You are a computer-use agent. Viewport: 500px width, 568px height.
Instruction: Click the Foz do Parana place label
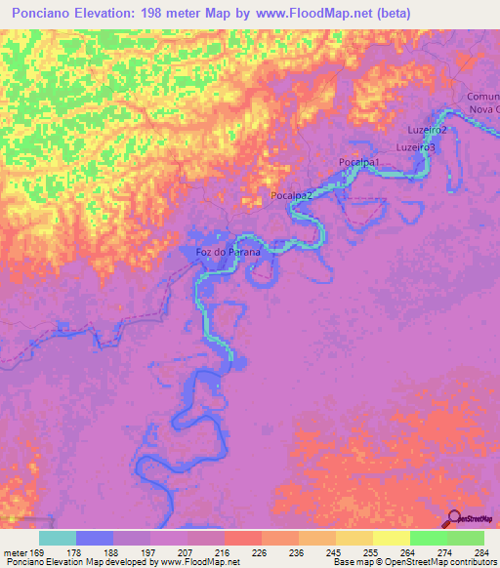(x=229, y=252)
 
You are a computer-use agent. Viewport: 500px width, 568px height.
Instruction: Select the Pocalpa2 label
(x=291, y=196)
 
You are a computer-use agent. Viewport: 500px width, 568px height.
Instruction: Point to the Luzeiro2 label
(x=427, y=130)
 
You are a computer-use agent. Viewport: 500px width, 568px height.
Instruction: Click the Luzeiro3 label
(x=415, y=146)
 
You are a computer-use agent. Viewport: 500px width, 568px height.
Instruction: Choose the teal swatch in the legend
(x=58, y=538)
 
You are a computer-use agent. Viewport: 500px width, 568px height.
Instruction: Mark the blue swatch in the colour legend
(x=95, y=538)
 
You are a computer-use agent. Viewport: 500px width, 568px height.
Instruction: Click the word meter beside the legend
(x=14, y=551)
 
